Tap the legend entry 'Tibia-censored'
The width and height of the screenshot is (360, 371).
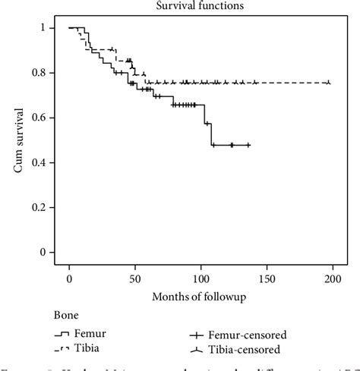[x=241, y=349]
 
